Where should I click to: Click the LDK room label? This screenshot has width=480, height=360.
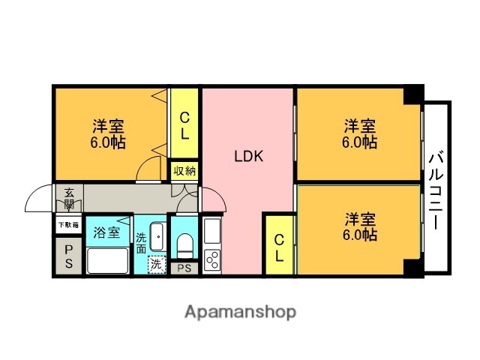[247, 157]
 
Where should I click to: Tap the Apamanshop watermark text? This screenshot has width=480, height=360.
[240, 311]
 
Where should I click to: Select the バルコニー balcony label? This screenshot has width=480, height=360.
[436, 188]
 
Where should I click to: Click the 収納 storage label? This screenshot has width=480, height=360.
[184, 171]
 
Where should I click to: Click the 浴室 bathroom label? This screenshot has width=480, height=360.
[106, 232]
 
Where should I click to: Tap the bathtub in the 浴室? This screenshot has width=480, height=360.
[107, 260]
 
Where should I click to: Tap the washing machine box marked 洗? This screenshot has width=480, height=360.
[156, 264]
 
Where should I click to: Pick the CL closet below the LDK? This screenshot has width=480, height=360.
[278, 247]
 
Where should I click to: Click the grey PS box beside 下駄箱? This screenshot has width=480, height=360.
[67, 256]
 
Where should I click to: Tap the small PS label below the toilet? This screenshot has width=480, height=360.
[184, 268]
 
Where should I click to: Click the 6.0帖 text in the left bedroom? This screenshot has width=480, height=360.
[109, 142]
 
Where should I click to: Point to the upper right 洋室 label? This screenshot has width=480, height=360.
[360, 124]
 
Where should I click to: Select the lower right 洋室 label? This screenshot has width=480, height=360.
[360, 219]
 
